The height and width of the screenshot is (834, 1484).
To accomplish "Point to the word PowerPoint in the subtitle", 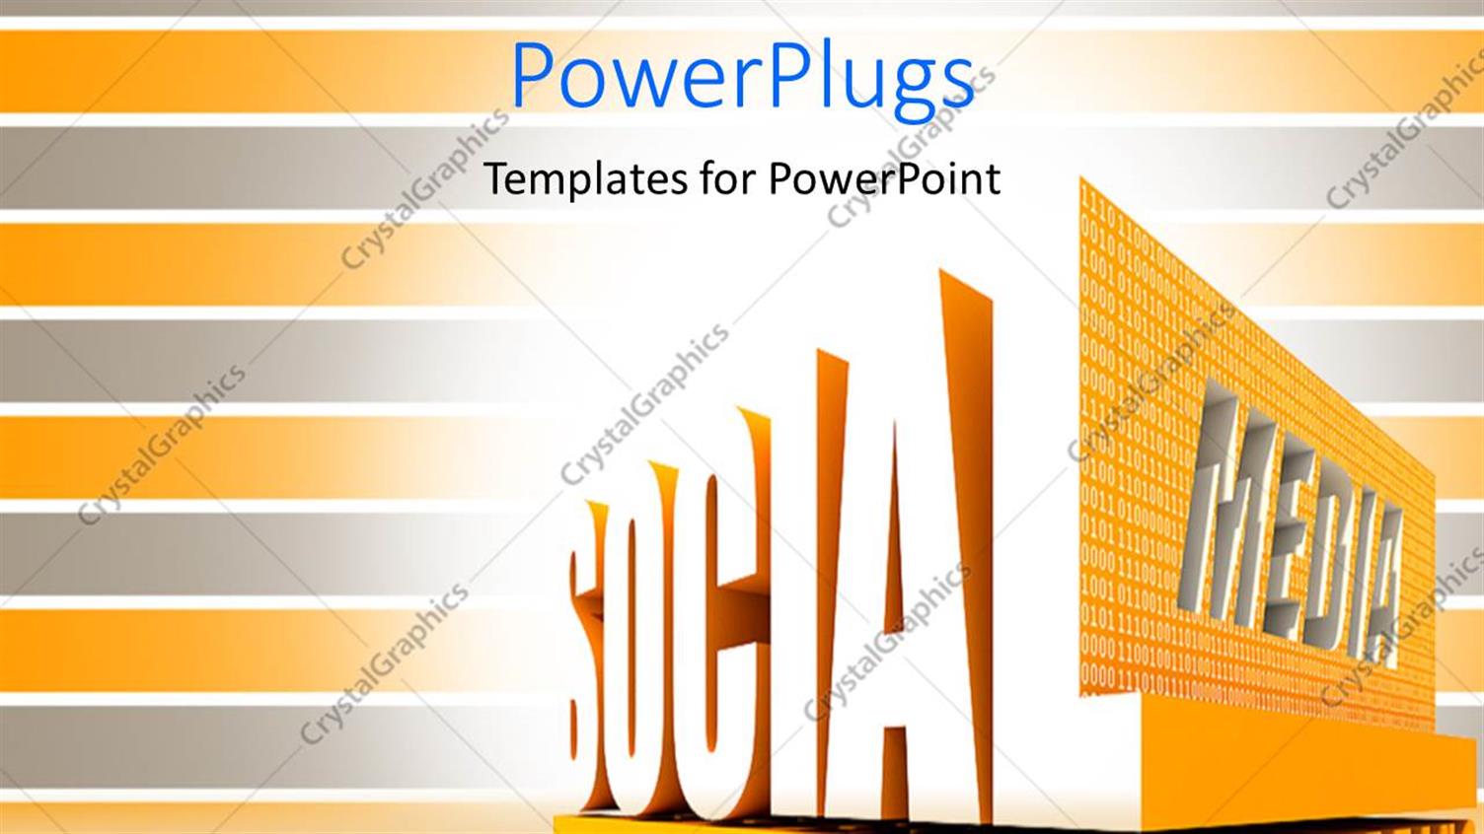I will pos(884,179).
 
